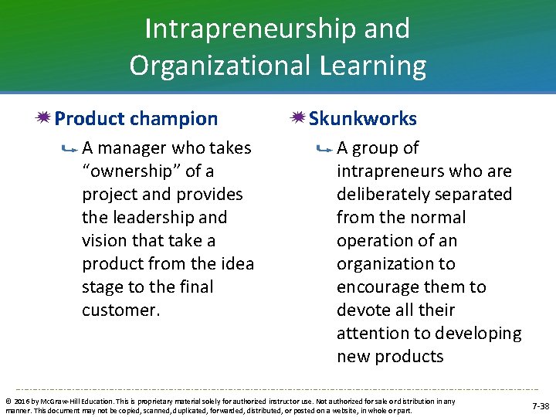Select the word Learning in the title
[376, 66]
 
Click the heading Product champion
[137, 119]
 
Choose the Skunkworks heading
[363, 119]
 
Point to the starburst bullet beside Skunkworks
[297, 118]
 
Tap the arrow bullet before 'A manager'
[70, 148]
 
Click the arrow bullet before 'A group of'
[324, 148]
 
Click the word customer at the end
[120, 310]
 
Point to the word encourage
[376, 287]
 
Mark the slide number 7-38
[540, 405]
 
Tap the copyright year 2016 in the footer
[21, 402]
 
